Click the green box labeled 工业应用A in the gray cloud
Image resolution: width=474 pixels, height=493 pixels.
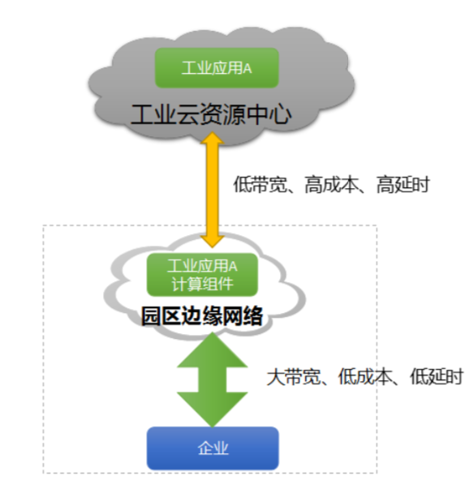(217, 68)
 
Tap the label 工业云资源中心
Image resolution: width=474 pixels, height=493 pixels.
(211, 114)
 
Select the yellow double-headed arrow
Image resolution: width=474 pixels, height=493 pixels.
(213, 190)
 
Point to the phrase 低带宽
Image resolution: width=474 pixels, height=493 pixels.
(261, 184)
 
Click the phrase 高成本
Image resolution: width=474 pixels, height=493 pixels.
(332, 184)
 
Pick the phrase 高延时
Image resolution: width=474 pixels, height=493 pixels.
(403, 184)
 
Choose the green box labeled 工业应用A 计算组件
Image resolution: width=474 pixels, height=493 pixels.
(202, 275)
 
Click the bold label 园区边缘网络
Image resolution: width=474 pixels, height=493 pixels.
(202, 315)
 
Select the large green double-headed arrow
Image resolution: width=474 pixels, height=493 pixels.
(213, 379)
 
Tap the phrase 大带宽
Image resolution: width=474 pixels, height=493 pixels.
(294, 376)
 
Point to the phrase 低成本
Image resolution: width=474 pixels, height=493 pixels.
(365, 376)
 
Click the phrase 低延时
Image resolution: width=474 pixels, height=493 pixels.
(437, 376)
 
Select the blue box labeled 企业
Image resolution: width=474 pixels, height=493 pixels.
(213, 448)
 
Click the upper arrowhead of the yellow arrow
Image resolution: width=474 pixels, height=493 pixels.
(213, 139)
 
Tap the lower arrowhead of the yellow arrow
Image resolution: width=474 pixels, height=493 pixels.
(213, 241)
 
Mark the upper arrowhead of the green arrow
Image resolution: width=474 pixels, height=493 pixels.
(213, 350)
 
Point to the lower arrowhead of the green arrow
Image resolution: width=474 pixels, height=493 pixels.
(213, 409)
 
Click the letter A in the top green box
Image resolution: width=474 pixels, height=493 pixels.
(248, 68)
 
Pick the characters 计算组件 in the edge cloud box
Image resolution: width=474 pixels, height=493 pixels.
(202, 285)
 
